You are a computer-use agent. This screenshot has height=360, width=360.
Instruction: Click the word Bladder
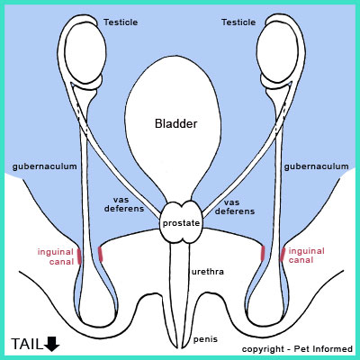tap(176, 123)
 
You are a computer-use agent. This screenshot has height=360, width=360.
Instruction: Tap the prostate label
tap(181, 223)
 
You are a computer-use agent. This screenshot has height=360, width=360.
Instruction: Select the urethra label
tap(208, 272)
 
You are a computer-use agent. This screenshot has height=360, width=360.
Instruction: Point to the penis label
tap(205, 339)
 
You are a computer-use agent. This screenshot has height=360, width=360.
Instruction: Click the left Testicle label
tap(121, 22)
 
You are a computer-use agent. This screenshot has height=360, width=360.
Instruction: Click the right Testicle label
tap(238, 22)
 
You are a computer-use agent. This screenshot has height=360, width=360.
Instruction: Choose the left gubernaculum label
tap(45, 166)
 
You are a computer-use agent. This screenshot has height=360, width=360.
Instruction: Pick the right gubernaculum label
tap(317, 166)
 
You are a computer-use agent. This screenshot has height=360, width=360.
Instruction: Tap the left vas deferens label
tap(124, 204)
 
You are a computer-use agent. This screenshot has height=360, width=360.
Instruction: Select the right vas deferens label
tap(235, 207)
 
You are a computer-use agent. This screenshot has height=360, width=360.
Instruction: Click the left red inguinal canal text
tap(56, 256)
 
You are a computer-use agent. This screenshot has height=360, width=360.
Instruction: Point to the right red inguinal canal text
tap(306, 256)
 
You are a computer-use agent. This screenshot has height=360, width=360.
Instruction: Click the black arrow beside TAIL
tap(52, 344)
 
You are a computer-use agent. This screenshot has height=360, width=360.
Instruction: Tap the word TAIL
tap(27, 344)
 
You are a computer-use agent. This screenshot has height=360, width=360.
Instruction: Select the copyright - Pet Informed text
tap(297, 349)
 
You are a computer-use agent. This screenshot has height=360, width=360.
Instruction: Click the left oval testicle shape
tap(85, 53)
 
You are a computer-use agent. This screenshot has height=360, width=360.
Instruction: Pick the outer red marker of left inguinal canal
tap(79, 256)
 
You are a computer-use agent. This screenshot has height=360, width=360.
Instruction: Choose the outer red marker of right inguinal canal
tap(283, 255)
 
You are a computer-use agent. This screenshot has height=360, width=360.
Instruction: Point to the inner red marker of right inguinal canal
tap(263, 253)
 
